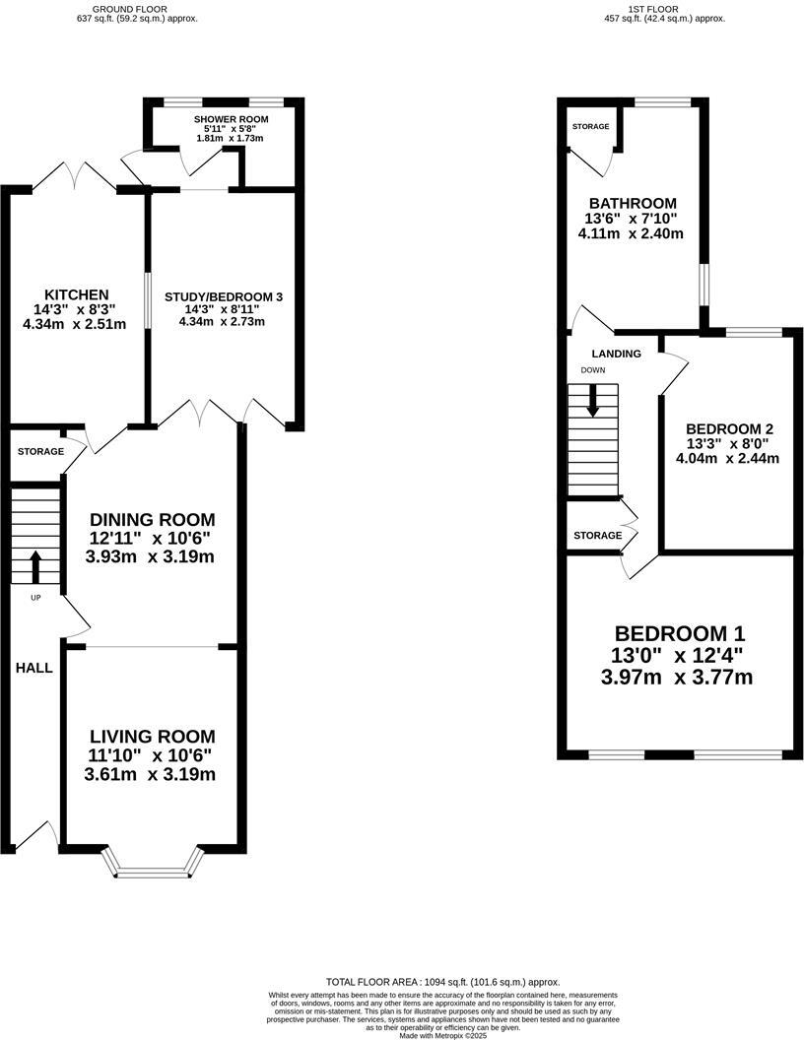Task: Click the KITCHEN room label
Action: [76, 294]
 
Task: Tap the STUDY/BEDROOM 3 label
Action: [224, 296]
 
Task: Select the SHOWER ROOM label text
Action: [231, 119]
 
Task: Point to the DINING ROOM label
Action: [152, 519]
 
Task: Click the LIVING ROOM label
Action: [152, 737]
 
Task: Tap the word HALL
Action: [33, 668]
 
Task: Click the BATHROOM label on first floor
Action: [630, 203]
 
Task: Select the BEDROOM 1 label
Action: [680, 633]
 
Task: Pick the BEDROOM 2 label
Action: [729, 429]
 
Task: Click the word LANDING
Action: [616, 354]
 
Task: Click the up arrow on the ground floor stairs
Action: [35, 567]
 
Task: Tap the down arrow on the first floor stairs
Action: [593, 400]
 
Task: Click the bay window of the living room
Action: [152, 870]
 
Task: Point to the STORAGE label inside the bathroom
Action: [590, 127]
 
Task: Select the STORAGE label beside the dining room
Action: [40, 451]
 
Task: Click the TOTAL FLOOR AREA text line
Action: [442, 982]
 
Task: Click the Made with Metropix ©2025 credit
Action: [442, 1035]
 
